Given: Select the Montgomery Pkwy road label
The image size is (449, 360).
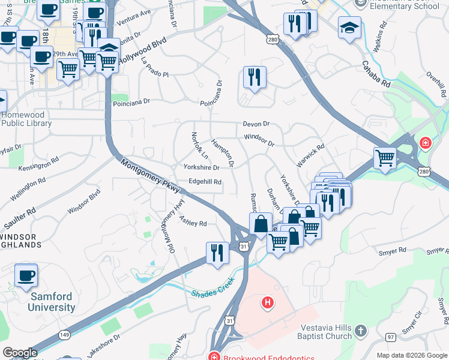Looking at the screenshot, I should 151,176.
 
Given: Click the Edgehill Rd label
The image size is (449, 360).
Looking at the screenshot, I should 205,182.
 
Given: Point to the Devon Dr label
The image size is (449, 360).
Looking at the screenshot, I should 256,124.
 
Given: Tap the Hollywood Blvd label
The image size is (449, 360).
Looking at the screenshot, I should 142,52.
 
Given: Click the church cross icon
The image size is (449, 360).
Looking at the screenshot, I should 360,331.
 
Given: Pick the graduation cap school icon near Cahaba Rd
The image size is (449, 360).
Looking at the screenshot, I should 349,28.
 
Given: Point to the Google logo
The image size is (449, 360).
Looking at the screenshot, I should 19,353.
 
